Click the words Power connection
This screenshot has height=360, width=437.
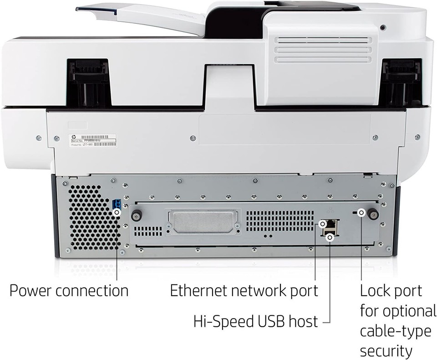(69, 290)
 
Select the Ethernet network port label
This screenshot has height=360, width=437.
(244, 290)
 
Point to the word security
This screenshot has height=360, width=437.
(386, 351)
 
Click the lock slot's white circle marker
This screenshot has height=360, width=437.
(361, 212)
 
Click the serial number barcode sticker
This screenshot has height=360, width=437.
(93, 140)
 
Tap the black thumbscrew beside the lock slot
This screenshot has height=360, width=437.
(374, 214)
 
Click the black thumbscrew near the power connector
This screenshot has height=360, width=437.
(136, 215)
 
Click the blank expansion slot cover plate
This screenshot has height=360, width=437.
(203, 222)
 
